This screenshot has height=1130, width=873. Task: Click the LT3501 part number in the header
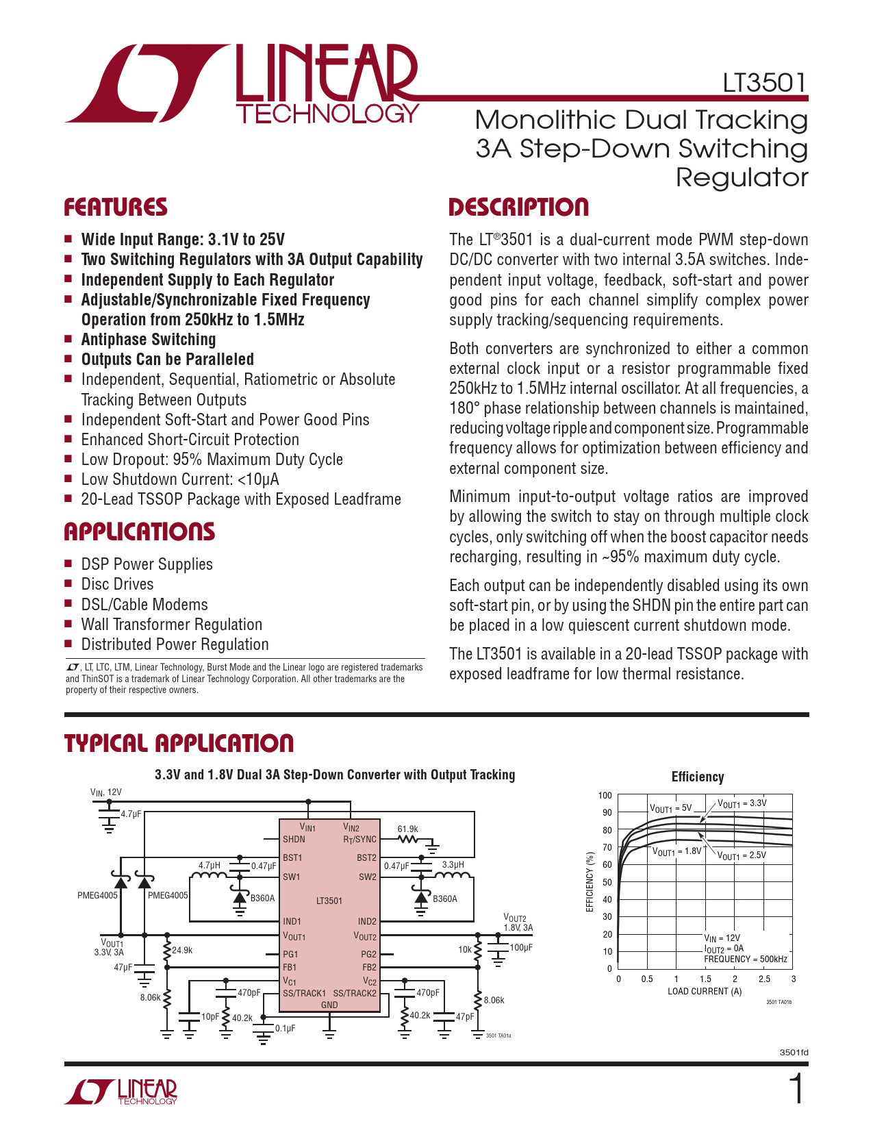[765, 83]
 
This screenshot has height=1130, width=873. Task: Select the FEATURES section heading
[116, 208]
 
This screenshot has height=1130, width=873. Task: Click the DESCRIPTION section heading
[518, 208]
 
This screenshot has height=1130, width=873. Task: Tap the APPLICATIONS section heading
[140, 532]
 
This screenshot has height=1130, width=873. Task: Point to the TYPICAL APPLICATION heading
[179, 744]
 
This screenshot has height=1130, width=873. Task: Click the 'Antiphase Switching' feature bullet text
[149, 340]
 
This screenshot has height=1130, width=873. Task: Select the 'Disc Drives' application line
[117, 584]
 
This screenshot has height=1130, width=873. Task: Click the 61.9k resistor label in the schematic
[407, 829]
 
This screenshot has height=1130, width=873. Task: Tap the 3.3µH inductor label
[453, 865]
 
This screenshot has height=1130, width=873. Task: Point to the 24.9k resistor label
[182, 950]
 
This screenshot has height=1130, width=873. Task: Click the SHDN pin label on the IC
[294, 839]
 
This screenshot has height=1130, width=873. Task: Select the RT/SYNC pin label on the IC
[359, 839]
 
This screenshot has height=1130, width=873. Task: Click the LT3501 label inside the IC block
[329, 901]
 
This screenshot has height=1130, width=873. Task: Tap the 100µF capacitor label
[521, 948]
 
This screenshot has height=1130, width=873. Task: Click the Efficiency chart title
[697, 777]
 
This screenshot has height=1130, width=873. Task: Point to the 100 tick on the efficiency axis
[605, 795]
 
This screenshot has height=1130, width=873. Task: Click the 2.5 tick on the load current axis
[764, 979]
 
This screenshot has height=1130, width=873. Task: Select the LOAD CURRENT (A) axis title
[705, 992]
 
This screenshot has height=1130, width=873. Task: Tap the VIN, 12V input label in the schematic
[105, 792]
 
